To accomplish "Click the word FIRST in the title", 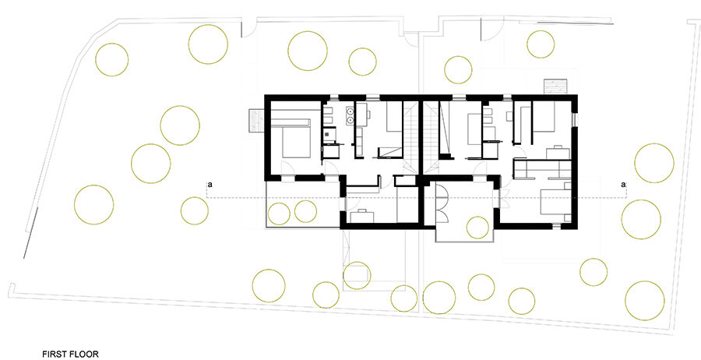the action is click(54, 355).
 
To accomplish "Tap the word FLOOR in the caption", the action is click(83, 355).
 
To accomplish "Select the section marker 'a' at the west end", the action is click(209, 184).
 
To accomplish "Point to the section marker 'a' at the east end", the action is click(623, 184).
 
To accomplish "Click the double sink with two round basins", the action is click(350, 115).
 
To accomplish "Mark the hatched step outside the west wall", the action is click(256, 121).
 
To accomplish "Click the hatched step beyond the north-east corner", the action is click(555, 86).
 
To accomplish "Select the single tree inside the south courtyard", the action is click(477, 228).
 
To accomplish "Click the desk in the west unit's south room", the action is click(361, 216).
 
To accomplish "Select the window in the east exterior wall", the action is click(576, 120).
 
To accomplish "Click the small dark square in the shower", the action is click(329, 132).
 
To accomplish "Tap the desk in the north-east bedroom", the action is click(558, 153).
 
